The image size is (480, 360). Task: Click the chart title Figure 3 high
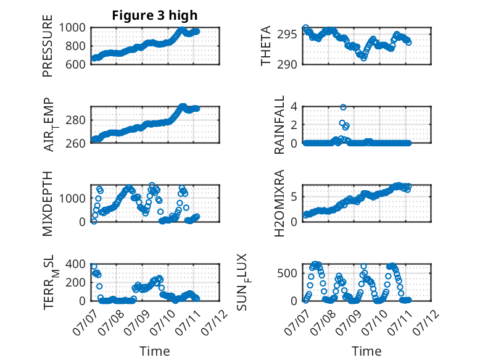tap(155, 15)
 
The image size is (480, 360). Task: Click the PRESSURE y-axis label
tap(48, 46)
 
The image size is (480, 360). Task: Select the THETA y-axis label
tap(266, 46)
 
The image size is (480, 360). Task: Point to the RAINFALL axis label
tap(279, 125)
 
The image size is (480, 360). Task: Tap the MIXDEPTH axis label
tap(48, 203)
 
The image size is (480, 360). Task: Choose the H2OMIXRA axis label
tap(279, 203)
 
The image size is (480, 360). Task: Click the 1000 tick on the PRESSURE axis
tap(72, 28)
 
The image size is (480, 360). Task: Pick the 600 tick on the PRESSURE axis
tap(76, 64)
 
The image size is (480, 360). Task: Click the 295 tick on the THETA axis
tap(287, 34)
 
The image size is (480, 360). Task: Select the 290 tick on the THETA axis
tap(287, 64)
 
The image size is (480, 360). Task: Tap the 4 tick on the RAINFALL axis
tap(294, 107)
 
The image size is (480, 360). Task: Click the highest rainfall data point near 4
tap(343, 107)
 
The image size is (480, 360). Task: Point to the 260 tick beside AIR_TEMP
tap(76, 143)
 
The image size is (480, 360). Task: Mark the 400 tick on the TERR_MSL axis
tap(76, 264)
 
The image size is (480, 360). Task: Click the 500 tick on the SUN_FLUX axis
tap(287, 273)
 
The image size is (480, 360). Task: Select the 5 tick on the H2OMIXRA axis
tap(294, 197)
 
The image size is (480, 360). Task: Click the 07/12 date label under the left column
tap(215, 322)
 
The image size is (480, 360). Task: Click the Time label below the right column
tap(366, 351)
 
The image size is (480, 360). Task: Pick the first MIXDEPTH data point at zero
tap(94, 221)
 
